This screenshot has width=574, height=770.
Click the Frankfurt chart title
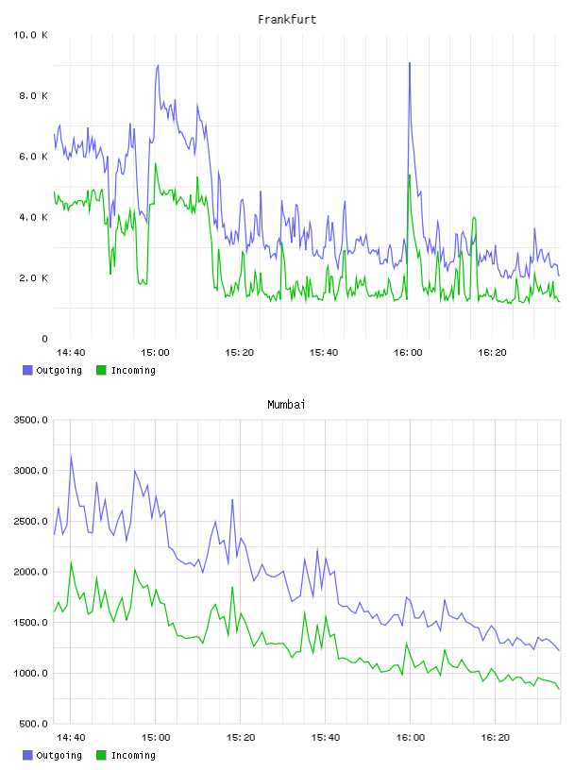287,19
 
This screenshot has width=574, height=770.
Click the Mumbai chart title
286,404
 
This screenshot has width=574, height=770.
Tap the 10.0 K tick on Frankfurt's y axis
30,35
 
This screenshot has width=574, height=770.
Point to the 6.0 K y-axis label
33,156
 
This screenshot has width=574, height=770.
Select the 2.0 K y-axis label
33,278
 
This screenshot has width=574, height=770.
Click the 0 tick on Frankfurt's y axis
44,339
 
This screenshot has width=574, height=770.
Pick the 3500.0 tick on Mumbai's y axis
30,420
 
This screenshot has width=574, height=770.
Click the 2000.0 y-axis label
30,572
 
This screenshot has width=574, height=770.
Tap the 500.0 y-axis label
33,724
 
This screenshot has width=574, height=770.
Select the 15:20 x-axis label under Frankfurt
240,352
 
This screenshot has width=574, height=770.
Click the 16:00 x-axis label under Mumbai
411,737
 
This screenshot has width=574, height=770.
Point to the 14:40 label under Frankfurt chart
71,352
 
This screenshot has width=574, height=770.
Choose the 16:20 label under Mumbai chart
495,737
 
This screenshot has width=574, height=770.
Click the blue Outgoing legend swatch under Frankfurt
27,370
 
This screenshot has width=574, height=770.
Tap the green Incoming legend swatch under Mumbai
101,755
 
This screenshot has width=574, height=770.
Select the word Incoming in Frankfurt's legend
133,370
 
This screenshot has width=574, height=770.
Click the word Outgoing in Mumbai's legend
59,755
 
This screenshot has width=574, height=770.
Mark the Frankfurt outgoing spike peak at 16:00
410,63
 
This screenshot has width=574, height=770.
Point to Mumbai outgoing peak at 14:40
71,456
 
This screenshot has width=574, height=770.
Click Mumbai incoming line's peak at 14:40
71,562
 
